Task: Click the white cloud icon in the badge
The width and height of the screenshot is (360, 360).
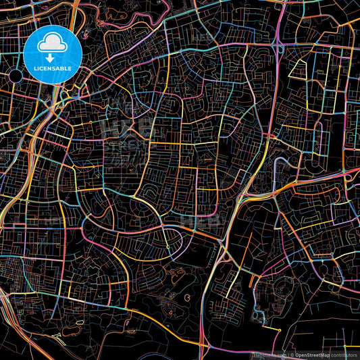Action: tap(52, 43)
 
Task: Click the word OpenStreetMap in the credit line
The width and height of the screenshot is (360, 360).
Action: tap(312, 355)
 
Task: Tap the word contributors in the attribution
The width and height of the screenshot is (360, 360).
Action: tap(344, 355)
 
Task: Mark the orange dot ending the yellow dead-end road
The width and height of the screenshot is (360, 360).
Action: tap(280, 329)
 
